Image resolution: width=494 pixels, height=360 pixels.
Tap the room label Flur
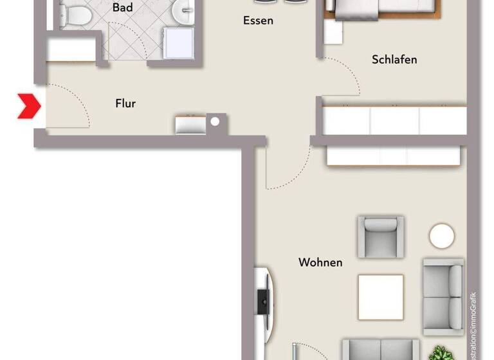125,103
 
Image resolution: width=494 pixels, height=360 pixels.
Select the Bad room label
123,8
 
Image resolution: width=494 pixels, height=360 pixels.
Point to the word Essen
258,21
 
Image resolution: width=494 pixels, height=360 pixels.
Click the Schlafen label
394,59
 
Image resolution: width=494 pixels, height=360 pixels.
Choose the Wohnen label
320,262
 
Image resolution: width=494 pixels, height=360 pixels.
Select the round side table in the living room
442,236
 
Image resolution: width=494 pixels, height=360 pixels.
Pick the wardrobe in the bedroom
394,120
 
